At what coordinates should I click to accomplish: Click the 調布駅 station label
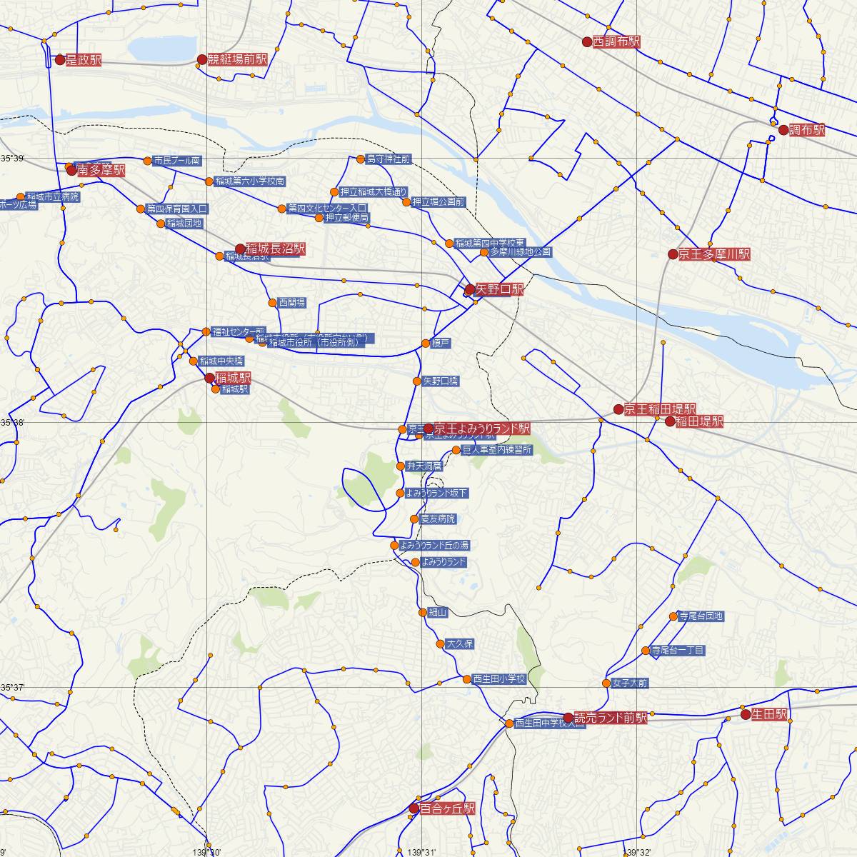[807, 130]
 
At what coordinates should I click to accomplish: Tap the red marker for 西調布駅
[587, 42]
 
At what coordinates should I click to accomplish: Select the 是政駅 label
[83, 61]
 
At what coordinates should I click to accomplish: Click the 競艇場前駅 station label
[237, 60]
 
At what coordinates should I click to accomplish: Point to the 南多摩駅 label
[101, 171]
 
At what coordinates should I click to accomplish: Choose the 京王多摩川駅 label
[714, 254]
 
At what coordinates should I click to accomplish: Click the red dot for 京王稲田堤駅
[618, 409]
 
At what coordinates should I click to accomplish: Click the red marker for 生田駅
[746, 714]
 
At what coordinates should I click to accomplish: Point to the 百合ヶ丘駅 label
[448, 808]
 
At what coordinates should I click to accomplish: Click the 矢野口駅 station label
[499, 289]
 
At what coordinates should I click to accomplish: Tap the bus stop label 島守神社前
[388, 159]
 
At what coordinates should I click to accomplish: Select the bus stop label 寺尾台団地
[701, 616]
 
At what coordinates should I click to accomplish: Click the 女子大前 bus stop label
[629, 683]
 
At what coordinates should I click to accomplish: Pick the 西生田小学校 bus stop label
[499, 679]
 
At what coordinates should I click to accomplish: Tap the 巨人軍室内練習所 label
[497, 450]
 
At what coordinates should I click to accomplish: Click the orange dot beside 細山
[422, 612]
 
